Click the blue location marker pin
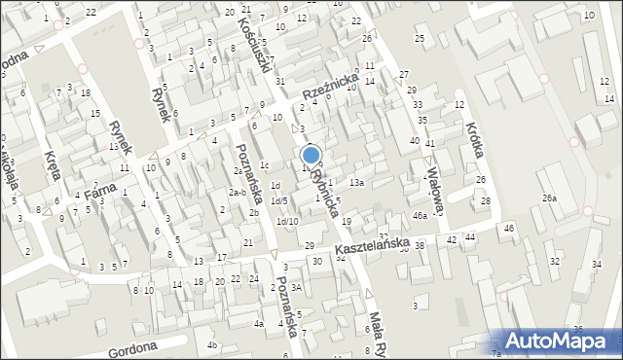tap(311, 155)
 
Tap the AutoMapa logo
tap(562, 341)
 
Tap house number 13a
tap(357, 182)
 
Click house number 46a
tap(420, 215)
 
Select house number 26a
tap(551, 198)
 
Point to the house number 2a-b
tap(237, 193)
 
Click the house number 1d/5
tap(278, 200)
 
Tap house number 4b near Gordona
tap(212, 344)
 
